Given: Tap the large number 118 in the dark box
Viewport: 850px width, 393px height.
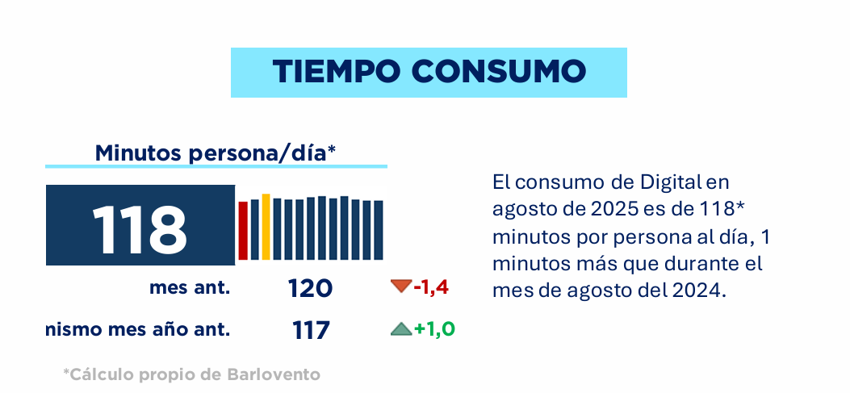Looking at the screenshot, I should [139, 228].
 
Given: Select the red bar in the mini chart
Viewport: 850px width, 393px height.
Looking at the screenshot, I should [242, 230].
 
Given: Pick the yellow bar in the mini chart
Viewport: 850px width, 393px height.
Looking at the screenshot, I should [266, 227].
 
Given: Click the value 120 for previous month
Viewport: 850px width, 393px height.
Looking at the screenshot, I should [311, 288].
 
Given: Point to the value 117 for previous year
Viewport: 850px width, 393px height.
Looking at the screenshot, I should [311, 329].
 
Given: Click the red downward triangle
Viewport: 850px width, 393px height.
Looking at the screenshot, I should [400, 286].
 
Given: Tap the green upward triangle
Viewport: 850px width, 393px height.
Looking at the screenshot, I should [400, 328].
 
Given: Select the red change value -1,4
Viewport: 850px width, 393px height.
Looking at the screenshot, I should [430, 286].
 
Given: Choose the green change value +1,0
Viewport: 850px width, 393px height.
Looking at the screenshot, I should [434, 328].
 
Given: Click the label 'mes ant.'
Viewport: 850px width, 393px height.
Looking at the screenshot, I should [190, 287].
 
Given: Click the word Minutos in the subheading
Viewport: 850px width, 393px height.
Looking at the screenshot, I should [138, 153].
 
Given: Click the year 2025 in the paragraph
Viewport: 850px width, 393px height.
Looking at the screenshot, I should [618, 208].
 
